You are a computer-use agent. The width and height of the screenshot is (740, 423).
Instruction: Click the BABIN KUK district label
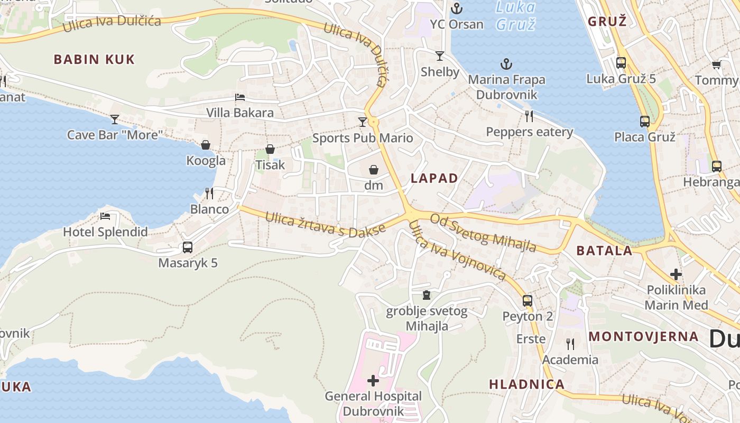pos(94,59)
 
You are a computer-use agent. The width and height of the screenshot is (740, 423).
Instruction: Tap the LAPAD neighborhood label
pos(434,178)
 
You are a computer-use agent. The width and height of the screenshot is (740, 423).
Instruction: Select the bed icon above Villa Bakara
pos(239,97)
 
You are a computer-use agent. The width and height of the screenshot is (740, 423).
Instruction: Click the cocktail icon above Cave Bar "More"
pos(115,119)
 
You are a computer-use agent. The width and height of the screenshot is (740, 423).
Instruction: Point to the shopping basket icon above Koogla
pos(206,145)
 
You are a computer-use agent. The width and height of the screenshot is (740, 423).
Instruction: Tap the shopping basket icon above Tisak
pos(270,150)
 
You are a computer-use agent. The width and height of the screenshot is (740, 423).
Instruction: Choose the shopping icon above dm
pos(374,170)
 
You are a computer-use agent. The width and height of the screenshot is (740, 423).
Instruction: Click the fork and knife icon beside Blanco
pos(209,194)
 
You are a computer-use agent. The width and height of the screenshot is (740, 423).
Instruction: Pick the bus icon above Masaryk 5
pos(188,247)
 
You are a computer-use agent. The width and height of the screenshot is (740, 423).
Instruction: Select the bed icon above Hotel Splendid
pos(105,216)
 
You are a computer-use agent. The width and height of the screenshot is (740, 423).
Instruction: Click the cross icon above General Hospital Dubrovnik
pos(373,380)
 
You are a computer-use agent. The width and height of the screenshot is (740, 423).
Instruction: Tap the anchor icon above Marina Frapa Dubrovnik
pos(506,65)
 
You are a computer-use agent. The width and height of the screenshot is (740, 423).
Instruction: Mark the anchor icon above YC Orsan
pos(456,8)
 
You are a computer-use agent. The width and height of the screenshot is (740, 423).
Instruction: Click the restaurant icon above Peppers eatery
pos(529,116)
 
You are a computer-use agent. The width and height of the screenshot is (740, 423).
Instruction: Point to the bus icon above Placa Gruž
pos(645,122)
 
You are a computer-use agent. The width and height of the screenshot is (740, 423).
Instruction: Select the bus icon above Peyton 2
pos(528,301)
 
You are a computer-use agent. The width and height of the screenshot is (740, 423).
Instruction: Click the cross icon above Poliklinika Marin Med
pos(676,274)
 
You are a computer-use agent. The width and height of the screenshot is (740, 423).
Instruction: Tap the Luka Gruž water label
pos(515,16)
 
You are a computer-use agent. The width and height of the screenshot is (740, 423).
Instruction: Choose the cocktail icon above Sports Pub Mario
pos(362,122)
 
